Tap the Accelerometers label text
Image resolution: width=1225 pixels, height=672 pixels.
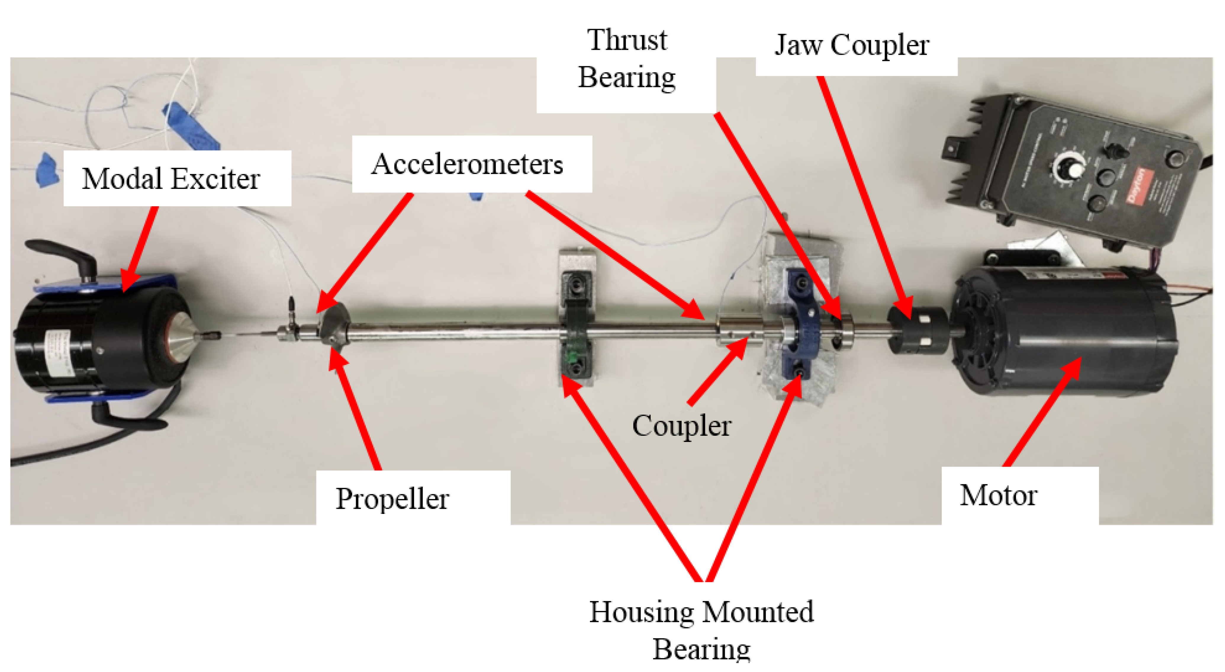(467, 165)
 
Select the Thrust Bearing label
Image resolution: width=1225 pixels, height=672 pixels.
(627, 59)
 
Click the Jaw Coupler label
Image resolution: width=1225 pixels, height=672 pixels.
(852, 46)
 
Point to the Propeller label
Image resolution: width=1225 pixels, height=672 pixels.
(392, 499)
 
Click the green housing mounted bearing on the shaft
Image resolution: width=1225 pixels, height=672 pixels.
(576, 328)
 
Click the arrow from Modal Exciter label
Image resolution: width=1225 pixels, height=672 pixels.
(140, 247)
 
